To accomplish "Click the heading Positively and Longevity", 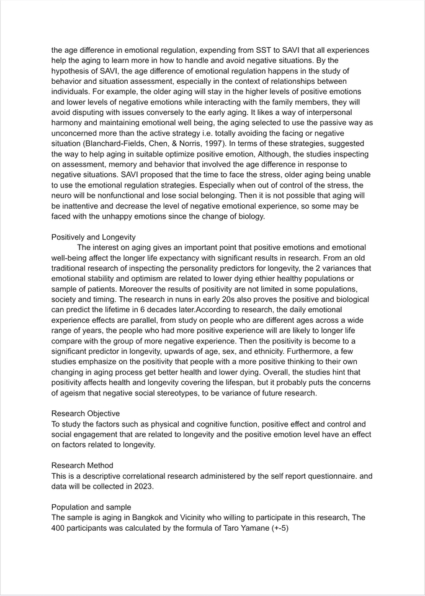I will pyautogui.click(x=93, y=237).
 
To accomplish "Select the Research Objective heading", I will pyautogui.click(x=86, y=413).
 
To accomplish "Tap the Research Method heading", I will pyautogui.click(x=82, y=465).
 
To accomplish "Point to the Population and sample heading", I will pyautogui.click(x=91, y=507).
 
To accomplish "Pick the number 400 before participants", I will pyautogui.click(x=60, y=528).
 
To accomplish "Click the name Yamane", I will pyautogui.click(x=253, y=528).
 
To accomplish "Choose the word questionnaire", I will pyautogui.click(x=310, y=476).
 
